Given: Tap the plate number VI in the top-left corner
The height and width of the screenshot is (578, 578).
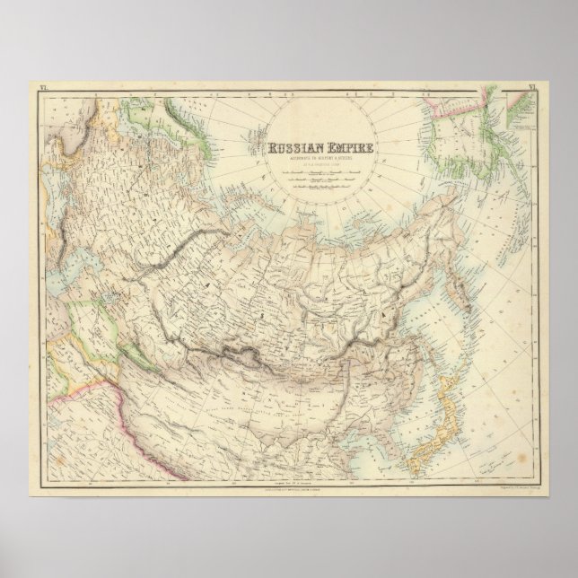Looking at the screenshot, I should [41, 87].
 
